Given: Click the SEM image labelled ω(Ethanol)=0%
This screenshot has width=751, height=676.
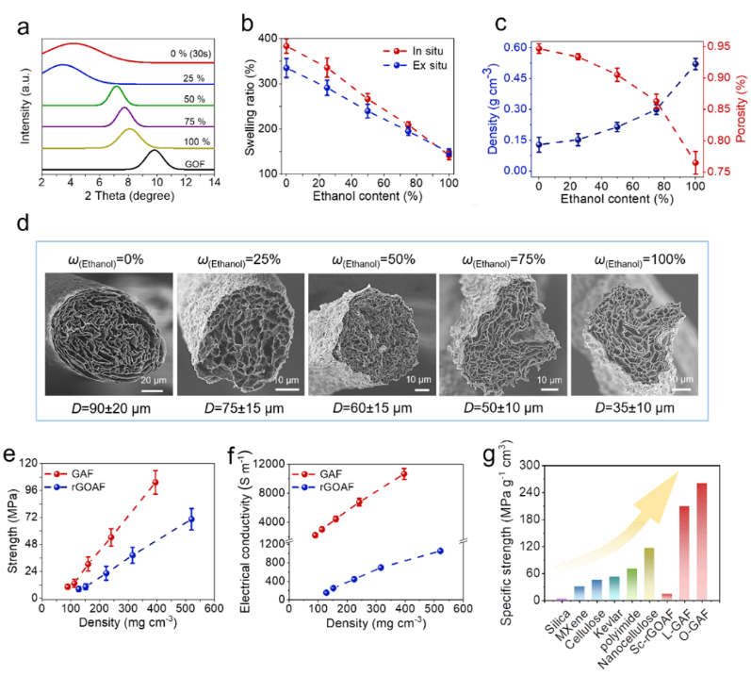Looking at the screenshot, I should (107, 333).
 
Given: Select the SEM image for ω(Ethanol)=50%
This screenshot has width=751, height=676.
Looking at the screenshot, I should (369, 333).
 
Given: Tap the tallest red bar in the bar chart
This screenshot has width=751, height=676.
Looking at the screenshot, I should (701, 541).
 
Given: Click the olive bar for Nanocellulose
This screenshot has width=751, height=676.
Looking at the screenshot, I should (648, 572).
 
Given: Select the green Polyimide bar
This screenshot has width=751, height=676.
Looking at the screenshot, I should (631, 583).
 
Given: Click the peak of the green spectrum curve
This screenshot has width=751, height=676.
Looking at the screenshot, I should (117, 87).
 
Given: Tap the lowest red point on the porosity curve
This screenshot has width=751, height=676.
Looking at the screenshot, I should (695, 162).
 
